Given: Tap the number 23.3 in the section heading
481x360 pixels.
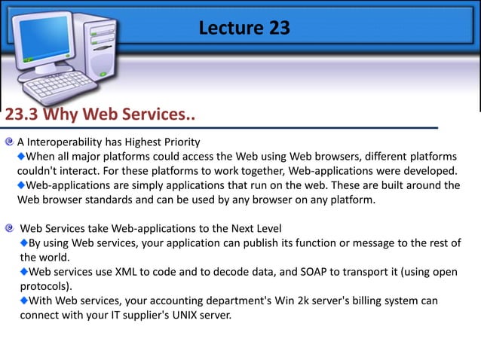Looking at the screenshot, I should click(23, 115).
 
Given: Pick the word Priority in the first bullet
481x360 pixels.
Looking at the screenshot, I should click(179, 142).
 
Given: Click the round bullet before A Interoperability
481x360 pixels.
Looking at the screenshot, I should click(9, 142).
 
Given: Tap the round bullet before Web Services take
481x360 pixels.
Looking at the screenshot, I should click(9, 227).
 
